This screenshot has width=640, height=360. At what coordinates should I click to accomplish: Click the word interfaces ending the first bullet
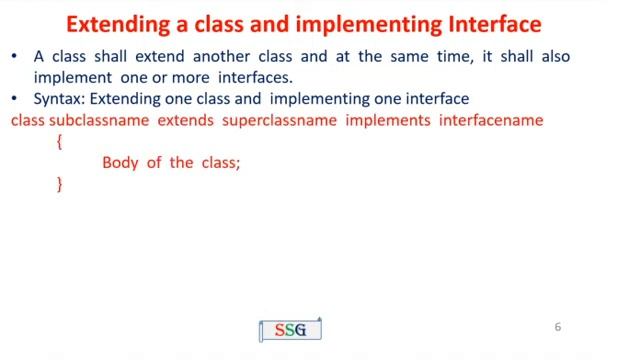[255, 77]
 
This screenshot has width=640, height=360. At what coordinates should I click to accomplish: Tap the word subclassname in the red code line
[99, 120]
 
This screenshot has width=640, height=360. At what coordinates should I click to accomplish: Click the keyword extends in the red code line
[184, 120]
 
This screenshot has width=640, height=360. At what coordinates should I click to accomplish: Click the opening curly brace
[60, 142]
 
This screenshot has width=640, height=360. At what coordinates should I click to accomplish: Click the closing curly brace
[60, 184]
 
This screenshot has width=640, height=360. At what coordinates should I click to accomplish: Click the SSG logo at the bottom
[290, 330]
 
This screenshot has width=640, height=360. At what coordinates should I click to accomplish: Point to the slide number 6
[558, 327]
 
